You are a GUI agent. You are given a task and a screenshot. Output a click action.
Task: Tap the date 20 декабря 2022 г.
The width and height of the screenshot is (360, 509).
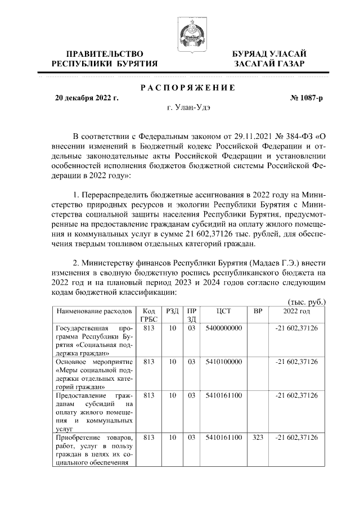point(87,98)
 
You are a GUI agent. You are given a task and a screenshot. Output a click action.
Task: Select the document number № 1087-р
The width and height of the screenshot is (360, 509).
point(307,98)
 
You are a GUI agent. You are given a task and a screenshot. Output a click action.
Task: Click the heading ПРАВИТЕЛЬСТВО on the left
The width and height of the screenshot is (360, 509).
point(104,54)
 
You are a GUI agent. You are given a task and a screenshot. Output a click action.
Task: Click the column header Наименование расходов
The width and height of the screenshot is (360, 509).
point(93,310)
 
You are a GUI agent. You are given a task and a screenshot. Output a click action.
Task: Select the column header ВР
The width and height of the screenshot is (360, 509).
point(258,310)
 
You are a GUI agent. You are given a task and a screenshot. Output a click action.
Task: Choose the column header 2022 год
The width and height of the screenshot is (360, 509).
point(296,310)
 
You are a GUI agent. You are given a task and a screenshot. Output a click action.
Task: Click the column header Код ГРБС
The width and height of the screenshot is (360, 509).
point(149,314)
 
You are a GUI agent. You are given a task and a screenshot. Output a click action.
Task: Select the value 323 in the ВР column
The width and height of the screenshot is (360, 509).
point(258,438)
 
